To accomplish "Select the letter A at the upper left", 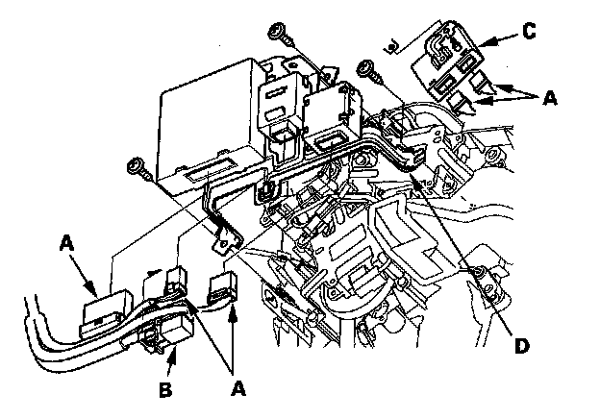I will (x=68, y=245).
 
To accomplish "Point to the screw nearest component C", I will (x=365, y=67).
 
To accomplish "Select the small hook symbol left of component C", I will (x=392, y=41).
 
